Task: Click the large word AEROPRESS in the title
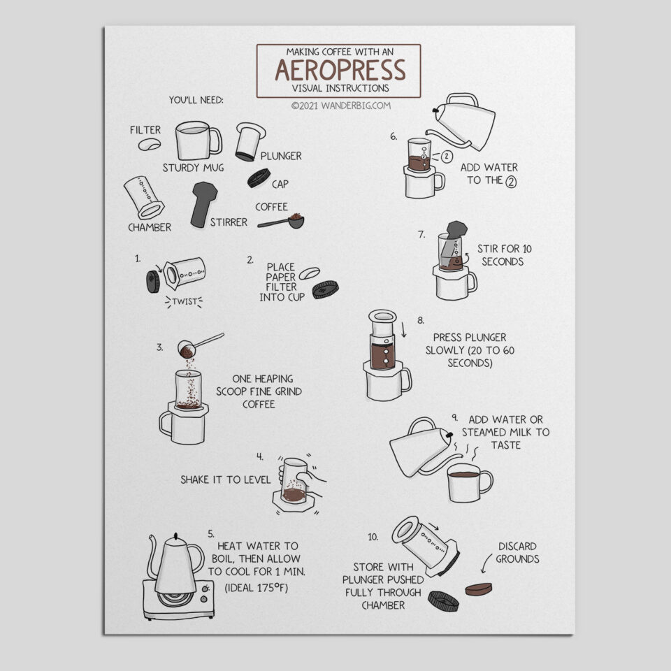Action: (x=339, y=71)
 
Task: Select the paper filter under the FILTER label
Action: (x=150, y=145)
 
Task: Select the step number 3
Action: (x=160, y=346)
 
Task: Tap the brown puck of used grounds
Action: (x=479, y=589)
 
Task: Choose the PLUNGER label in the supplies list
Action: (x=281, y=156)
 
